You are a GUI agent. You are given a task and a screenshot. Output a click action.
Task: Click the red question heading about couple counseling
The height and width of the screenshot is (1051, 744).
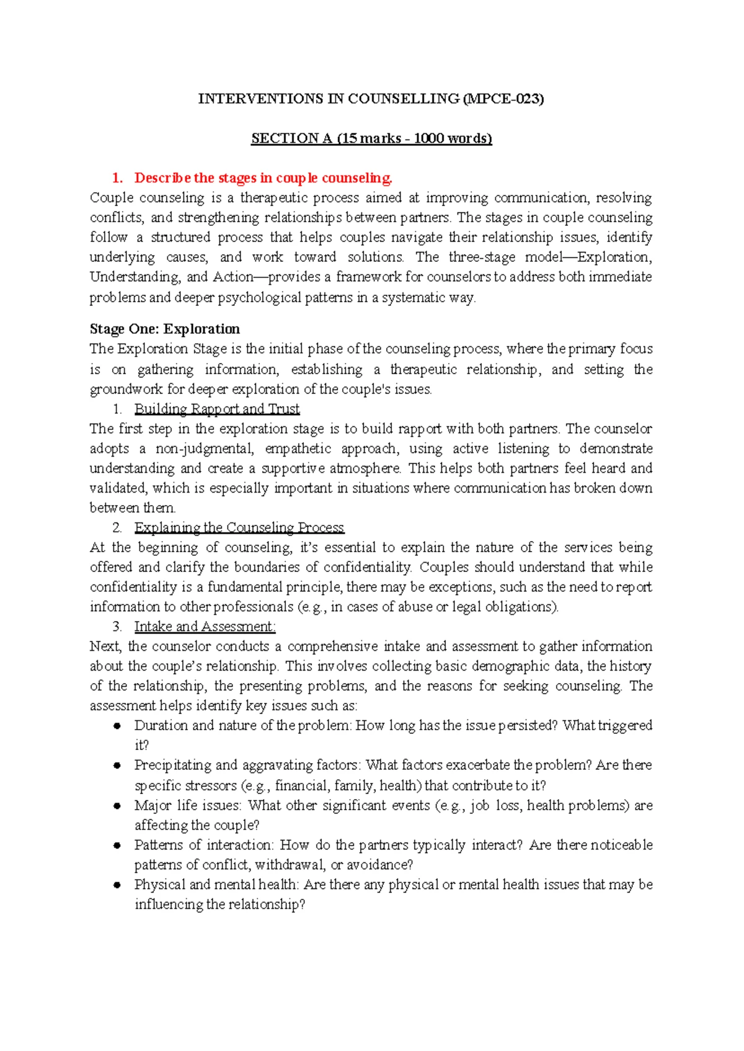click(x=263, y=178)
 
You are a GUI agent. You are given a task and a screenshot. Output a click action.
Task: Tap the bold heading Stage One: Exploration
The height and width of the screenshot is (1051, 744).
click(x=164, y=329)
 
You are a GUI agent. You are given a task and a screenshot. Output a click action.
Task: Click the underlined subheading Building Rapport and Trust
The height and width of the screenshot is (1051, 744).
click(x=216, y=409)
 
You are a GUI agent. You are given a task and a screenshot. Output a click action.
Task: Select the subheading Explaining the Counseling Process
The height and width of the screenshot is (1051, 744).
click(x=239, y=527)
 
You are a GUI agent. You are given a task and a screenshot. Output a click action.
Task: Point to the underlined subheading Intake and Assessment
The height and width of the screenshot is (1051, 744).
click(x=205, y=627)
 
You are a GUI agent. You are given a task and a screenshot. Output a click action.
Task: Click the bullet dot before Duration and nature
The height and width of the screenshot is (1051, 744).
click(x=116, y=726)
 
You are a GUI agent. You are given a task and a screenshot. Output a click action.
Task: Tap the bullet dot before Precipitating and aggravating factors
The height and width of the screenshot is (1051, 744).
click(x=116, y=766)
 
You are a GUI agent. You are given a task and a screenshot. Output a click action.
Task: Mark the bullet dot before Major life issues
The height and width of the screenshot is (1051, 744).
click(x=116, y=805)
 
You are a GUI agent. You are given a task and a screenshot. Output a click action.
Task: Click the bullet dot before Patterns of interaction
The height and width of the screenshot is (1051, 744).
click(x=116, y=845)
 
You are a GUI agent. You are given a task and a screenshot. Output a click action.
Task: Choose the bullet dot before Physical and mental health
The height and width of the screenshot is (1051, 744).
click(x=116, y=885)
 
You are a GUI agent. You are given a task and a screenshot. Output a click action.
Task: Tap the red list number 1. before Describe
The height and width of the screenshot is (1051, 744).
click(x=117, y=178)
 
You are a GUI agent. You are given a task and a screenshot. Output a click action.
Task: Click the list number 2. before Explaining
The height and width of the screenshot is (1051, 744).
click(x=117, y=527)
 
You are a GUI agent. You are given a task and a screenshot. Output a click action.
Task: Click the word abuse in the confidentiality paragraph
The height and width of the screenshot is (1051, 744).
click(x=415, y=607)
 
